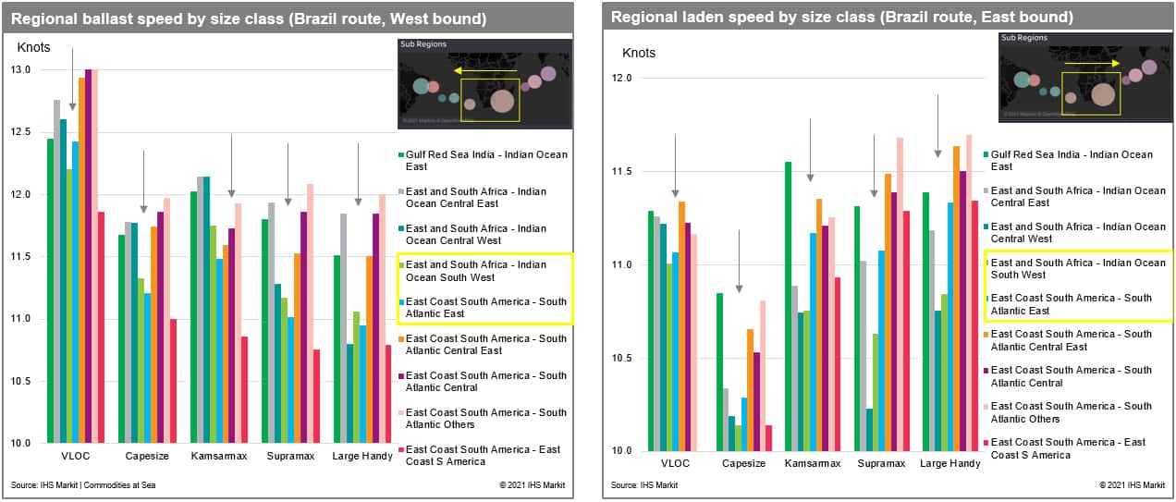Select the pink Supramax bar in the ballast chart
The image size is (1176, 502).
coord(310,313)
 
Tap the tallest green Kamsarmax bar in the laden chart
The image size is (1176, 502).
coord(788,306)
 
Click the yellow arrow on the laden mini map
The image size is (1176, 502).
coord(1091,63)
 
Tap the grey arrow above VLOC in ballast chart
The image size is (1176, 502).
coord(72,78)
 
